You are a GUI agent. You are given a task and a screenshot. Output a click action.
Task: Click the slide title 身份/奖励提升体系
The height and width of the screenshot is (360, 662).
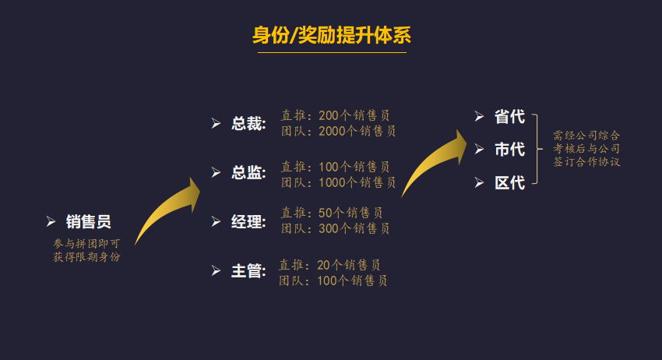331,36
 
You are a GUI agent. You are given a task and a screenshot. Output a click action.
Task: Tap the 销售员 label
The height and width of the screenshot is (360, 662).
88,222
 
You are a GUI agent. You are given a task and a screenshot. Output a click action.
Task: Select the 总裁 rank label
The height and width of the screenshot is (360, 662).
248,124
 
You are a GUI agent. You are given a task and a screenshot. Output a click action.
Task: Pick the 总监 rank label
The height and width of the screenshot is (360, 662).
248,173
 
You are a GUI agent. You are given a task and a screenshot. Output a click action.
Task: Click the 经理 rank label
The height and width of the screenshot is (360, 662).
248,222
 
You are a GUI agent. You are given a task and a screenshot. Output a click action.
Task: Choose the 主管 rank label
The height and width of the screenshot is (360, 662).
248,271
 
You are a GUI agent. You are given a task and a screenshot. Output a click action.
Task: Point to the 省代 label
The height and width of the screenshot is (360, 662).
509,117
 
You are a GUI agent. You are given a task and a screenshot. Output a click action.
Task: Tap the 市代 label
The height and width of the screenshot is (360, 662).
509,150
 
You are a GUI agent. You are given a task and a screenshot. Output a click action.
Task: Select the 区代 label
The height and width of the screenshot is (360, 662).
509,183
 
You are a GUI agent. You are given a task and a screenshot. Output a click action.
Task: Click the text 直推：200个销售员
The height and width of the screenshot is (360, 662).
336,116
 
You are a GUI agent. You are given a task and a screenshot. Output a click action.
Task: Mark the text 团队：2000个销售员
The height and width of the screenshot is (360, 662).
339,131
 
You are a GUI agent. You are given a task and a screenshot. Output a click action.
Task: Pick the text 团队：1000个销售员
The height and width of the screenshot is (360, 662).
339,182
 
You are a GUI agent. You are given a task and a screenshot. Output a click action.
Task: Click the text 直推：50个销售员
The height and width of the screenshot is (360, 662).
332,213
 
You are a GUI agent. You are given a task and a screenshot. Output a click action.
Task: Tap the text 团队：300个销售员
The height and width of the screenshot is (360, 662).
336,228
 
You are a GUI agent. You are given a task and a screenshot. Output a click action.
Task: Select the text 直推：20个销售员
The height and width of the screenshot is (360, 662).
330,265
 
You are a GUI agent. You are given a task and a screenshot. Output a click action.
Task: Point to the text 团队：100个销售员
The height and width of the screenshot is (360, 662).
333,281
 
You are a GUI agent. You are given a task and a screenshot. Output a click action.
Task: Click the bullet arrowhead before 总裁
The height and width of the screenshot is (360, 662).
217,124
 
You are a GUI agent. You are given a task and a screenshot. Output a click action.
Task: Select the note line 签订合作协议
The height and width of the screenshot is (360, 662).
586,162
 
